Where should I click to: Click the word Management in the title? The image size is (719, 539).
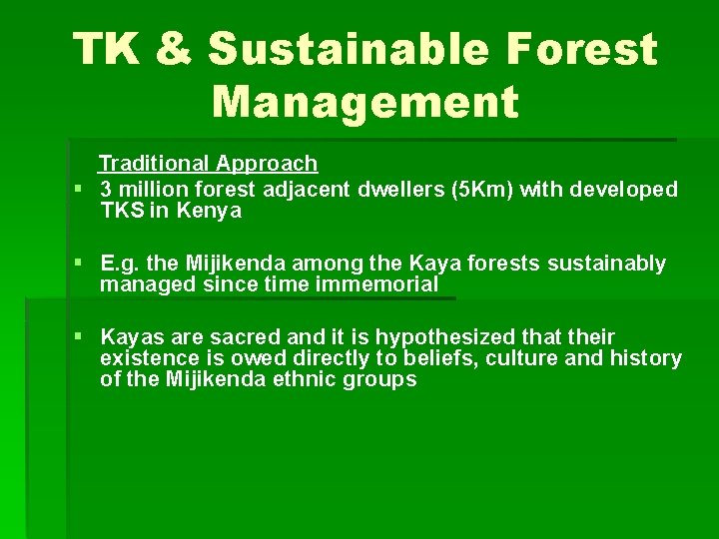[x=365, y=102]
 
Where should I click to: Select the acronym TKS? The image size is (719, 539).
[x=121, y=211]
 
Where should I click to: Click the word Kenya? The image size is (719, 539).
[x=211, y=211]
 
